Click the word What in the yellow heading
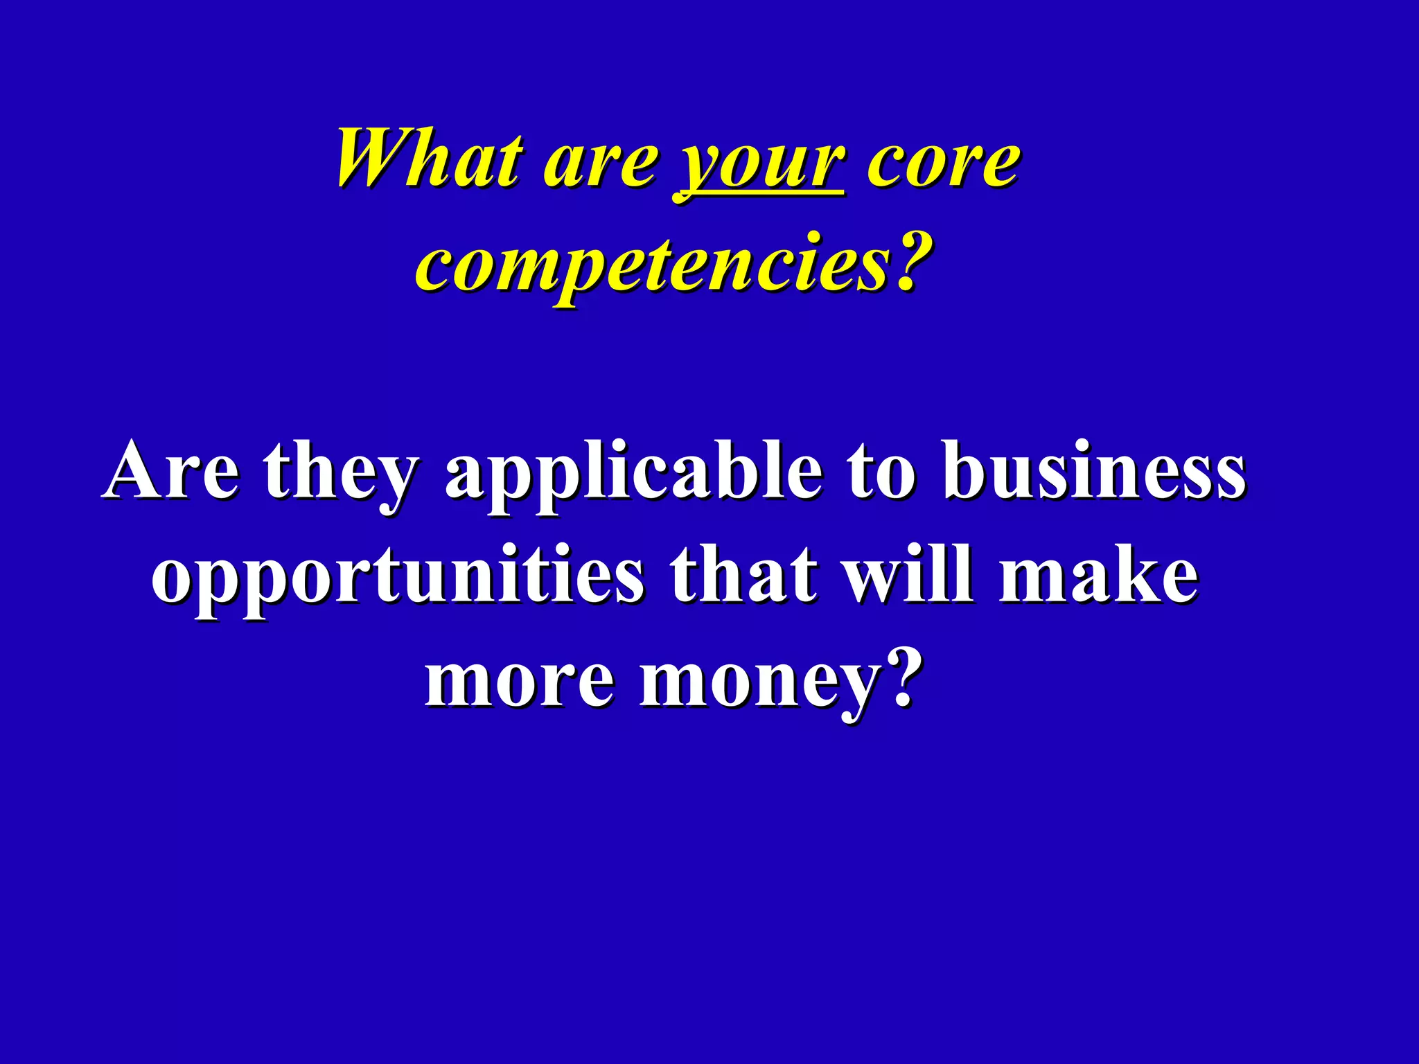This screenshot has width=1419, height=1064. click(429, 159)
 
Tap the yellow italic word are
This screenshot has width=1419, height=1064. click(600, 165)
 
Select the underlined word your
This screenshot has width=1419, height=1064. click(759, 166)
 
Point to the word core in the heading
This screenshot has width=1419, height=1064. click(943, 165)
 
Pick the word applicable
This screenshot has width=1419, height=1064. click(634, 475)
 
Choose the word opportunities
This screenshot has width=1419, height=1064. click(398, 578)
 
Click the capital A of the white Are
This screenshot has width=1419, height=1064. click(135, 470)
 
